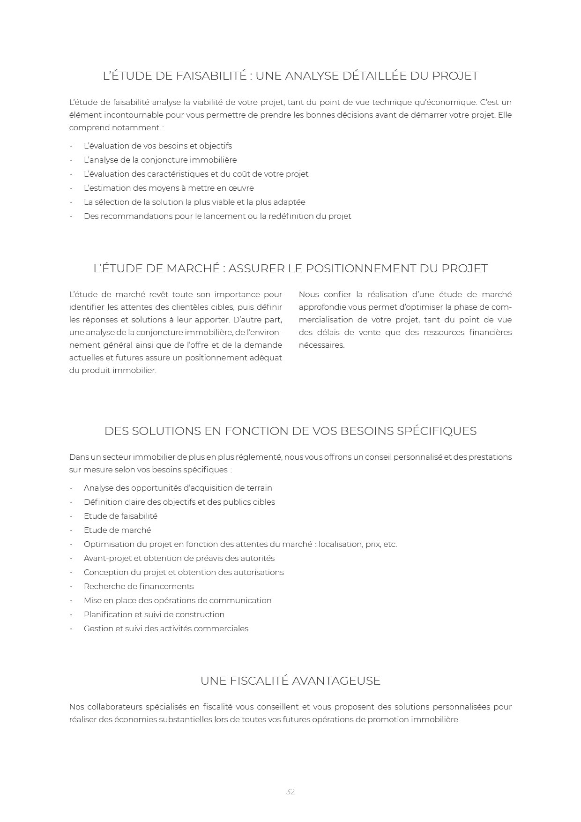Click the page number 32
click(290, 792)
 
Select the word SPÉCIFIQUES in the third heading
click(437, 431)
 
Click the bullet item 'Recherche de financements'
click(139, 586)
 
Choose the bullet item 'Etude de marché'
click(117, 530)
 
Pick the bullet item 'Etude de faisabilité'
click(120, 516)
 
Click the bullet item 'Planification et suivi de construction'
click(154, 614)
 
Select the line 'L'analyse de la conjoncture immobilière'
click(160, 160)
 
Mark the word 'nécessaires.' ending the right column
click(321, 345)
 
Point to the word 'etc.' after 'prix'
click(390, 544)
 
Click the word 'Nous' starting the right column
click(309, 294)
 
